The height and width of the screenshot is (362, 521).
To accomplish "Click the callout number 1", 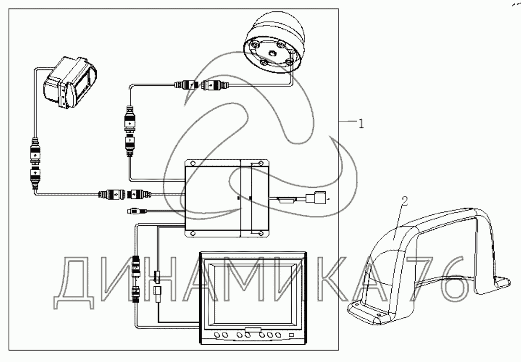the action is point(361,124).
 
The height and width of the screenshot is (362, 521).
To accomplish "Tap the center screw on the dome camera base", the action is point(271,54).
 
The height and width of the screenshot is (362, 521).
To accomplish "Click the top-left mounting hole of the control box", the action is point(192,163).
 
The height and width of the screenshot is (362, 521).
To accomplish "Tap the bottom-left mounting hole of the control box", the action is point(192,233).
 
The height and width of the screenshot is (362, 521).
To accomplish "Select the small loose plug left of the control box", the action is point(133,211).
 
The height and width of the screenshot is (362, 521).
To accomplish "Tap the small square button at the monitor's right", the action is point(292,334).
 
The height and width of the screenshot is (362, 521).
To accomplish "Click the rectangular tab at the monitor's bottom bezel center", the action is point(253,330).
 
